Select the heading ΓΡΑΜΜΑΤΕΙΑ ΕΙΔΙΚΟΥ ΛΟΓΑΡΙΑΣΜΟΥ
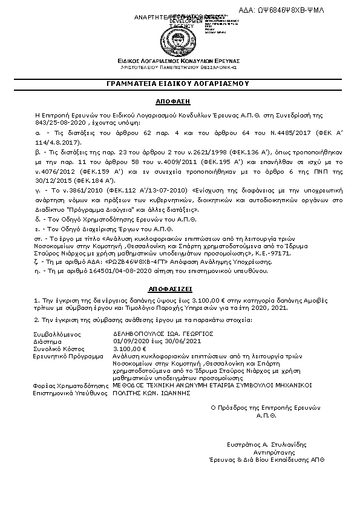(x=180, y=83)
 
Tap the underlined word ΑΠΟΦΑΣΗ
(x=180, y=102)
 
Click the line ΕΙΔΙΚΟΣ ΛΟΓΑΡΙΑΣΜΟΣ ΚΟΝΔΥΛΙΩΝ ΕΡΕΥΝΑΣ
(x=180, y=61)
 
